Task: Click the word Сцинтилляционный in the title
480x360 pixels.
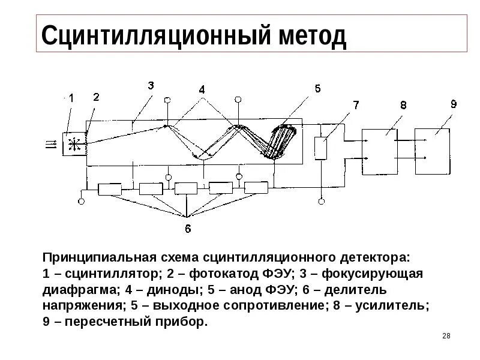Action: (152, 37)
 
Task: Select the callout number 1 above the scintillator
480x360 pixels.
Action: (71, 97)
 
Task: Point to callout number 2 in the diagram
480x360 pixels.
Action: (97, 97)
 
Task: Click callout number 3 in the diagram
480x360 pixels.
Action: (151, 86)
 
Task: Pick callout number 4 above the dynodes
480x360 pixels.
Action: (202, 91)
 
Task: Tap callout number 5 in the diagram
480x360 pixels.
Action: (317, 89)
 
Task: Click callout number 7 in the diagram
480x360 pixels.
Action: (356, 106)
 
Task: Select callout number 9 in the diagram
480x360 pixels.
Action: (453, 104)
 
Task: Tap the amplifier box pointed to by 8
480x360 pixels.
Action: (379, 152)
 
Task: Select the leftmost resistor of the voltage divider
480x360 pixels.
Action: (109, 190)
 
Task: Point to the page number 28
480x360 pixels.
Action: (446, 336)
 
